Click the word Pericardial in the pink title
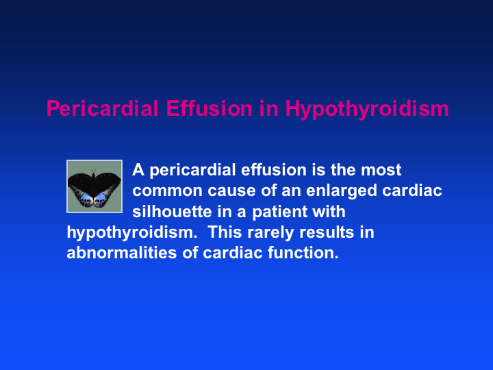(102, 108)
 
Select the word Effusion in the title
(209, 108)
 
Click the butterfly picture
(94, 186)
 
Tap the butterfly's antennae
(94, 171)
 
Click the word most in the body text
(381, 170)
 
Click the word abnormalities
(122, 253)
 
